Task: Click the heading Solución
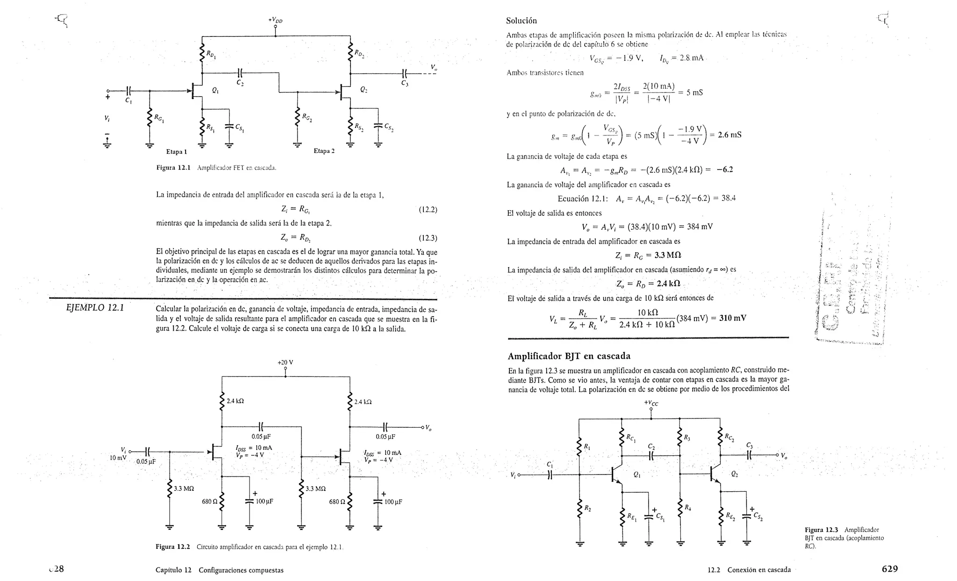click(x=521, y=21)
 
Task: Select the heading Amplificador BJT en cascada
click(x=569, y=356)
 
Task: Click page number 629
click(x=889, y=569)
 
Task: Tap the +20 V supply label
click(x=285, y=362)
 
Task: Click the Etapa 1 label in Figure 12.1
click(x=177, y=152)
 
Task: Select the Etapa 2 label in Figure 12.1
click(x=324, y=151)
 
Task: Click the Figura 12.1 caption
click(x=216, y=168)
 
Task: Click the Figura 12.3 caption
click(x=843, y=538)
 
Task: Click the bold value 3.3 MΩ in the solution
click(x=663, y=255)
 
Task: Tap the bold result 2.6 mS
click(x=729, y=135)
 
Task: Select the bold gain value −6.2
click(x=725, y=170)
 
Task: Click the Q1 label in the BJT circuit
click(x=637, y=475)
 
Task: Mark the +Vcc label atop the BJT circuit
click(x=651, y=403)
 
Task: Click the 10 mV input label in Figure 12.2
click(x=118, y=458)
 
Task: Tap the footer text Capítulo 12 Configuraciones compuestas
click(x=219, y=570)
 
